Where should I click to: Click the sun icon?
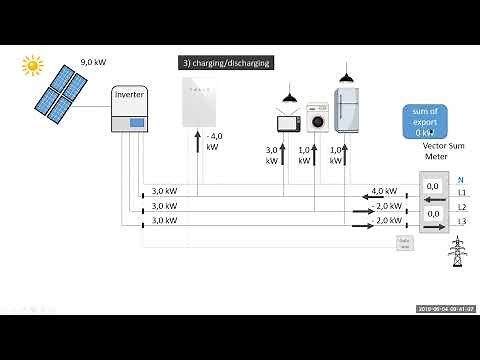34,65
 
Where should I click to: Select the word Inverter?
130,94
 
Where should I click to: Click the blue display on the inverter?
130,121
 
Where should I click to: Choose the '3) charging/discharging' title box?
225,62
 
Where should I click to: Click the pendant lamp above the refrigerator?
346,75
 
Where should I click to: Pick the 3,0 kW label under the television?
272,155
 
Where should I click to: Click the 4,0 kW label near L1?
384,190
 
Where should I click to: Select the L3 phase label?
461,221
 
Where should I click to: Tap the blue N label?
460,180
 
